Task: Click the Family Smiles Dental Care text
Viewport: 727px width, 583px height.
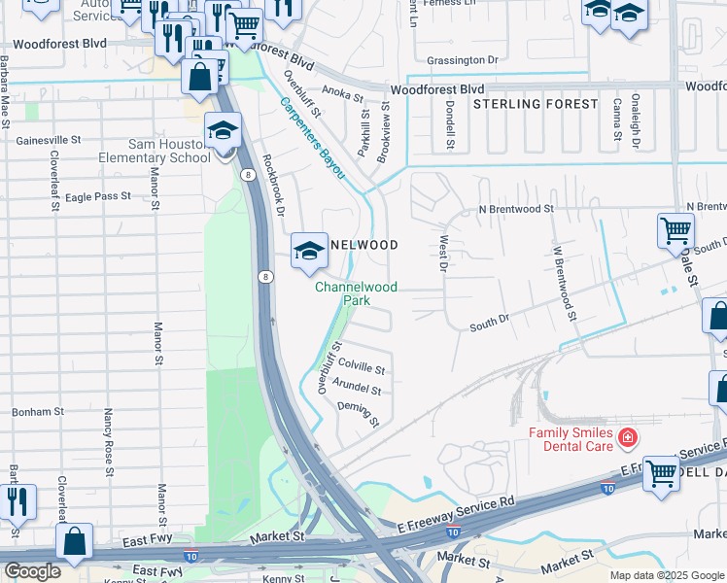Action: click(x=571, y=439)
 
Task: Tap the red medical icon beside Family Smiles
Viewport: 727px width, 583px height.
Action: click(x=628, y=438)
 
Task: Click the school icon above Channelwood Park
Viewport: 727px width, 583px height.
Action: click(x=309, y=250)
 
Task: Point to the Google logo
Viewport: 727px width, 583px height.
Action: click(x=32, y=570)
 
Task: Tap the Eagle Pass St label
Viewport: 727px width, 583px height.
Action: click(x=97, y=196)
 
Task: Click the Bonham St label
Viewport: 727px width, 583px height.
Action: click(x=38, y=412)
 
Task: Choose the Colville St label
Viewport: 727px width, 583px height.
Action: click(x=362, y=370)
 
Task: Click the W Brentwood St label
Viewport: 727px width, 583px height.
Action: click(x=563, y=282)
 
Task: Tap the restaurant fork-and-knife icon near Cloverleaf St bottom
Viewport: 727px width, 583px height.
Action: click(x=17, y=502)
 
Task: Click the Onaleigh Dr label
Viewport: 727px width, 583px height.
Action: click(x=635, y=120)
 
